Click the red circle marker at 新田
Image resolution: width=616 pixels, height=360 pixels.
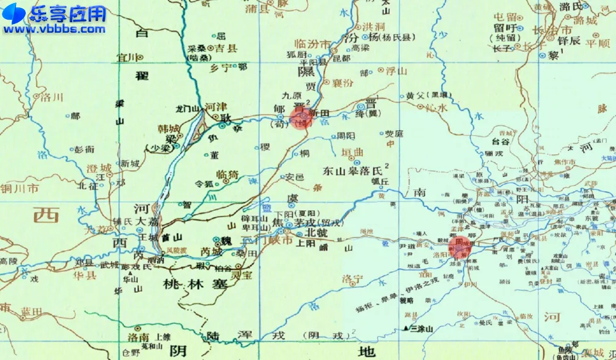(301, 118)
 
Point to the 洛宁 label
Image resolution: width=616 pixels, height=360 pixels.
(354, 279)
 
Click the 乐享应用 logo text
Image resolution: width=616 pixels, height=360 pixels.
(68, 14)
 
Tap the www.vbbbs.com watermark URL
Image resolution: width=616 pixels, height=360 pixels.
(55, 28)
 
